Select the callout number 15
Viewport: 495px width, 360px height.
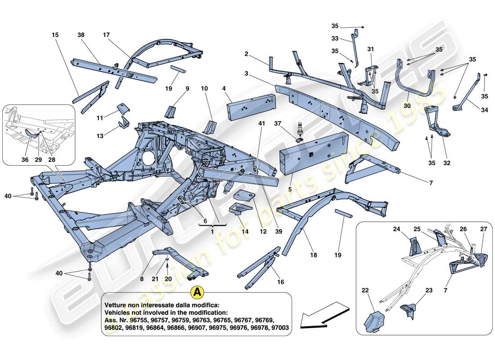click(x=55, y=35)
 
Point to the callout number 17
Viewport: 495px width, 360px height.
click(x=106, y=35)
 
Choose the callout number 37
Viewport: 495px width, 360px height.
click(x=278, y=123)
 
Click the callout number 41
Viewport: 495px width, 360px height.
click(x=262, y=123)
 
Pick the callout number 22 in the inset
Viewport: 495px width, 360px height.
click(x=365, y=291)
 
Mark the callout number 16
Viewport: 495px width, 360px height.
click(x=281, y=282)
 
